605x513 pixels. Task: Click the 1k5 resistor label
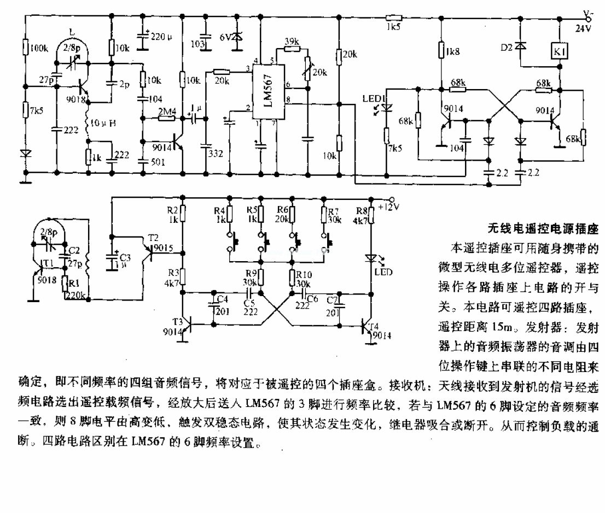(392, 26)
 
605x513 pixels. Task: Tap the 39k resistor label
(292, 41)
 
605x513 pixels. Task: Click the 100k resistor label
(39, 49)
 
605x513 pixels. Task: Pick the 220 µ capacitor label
(162, 37)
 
